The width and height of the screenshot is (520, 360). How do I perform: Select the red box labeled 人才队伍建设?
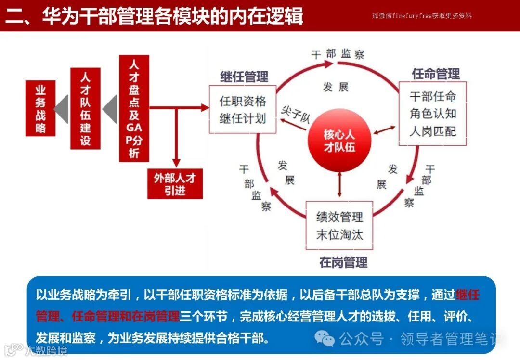click(85, 108)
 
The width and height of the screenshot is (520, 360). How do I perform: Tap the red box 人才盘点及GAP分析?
click(134, 108)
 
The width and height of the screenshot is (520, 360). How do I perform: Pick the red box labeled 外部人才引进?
click(175, 184)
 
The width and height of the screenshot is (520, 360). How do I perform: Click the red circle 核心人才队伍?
click(339, 141)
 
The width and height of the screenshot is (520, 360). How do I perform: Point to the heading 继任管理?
click(244, 77)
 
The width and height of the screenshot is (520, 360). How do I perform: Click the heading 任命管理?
click(436, 74)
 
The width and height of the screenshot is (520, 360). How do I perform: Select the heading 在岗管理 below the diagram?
click(343, 262)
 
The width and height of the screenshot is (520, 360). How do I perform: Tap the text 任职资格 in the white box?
click(243, 102)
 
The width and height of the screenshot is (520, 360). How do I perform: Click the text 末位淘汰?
click(339, 234)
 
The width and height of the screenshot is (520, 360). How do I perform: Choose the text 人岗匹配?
click(432, 130)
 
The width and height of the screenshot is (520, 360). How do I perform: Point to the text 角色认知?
click(432, 114)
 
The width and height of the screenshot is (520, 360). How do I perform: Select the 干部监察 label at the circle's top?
click(338, 53)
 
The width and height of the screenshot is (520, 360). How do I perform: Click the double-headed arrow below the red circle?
click(340, 183)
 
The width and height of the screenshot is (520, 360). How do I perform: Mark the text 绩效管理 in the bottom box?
click(339, 217)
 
